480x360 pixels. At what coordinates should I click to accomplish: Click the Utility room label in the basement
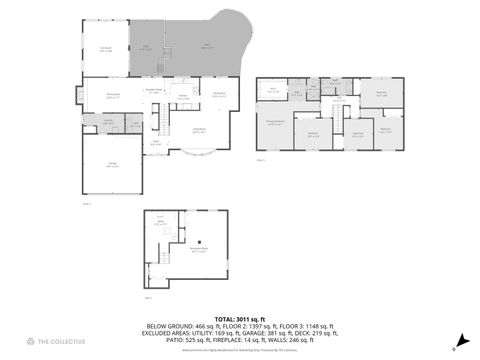pyautogui.click(x=159, y=225)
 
